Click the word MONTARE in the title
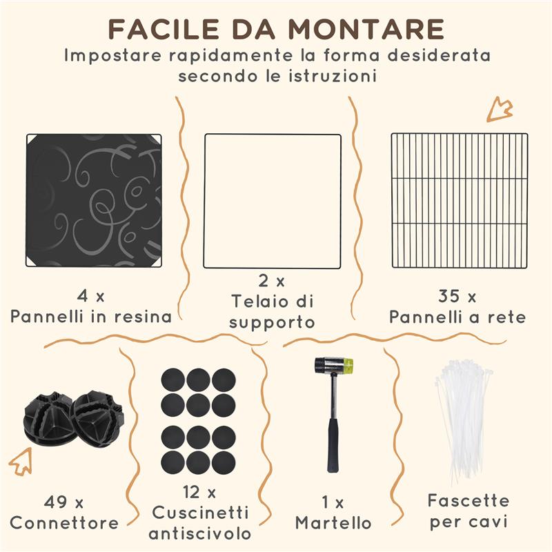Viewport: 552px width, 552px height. click(x=366, y=30)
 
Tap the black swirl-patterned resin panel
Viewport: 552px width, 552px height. click(x=94, y=200)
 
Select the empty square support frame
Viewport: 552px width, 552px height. click(x=273, y=201)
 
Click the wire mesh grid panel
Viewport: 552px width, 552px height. click(x=459, y=201)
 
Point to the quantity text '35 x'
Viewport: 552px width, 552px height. click(x=457, y=297)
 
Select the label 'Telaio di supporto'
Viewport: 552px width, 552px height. click(x=273, y=311)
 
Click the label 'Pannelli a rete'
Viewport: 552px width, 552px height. click(x=457, y=317)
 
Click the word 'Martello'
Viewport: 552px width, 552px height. click(x=333, y=522)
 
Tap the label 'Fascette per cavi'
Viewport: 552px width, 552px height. click(x=469, y=511)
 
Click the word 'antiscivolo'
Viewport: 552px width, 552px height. click(x=199, y=533)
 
